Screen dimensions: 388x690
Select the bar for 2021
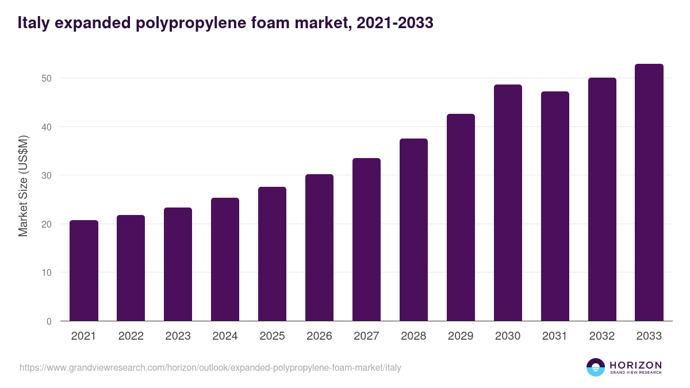pos(84,270)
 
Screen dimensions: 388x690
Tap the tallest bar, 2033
pos(649,192)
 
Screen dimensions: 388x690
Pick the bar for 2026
pos(319,247)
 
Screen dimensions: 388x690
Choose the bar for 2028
pos(413,229)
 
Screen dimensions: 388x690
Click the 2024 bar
pos(225,259)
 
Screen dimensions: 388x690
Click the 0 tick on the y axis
pos(50,321)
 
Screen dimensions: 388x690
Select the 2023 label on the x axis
pos(178,336)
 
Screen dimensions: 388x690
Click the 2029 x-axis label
pos(461,336)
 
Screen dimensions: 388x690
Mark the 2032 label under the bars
pos(602,336)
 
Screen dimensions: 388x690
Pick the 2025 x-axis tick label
pos(272,336)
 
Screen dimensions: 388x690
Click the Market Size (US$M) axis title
pos(23,186)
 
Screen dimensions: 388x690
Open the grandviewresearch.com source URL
pos(210,367)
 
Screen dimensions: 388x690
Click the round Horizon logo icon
pos(596,367)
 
